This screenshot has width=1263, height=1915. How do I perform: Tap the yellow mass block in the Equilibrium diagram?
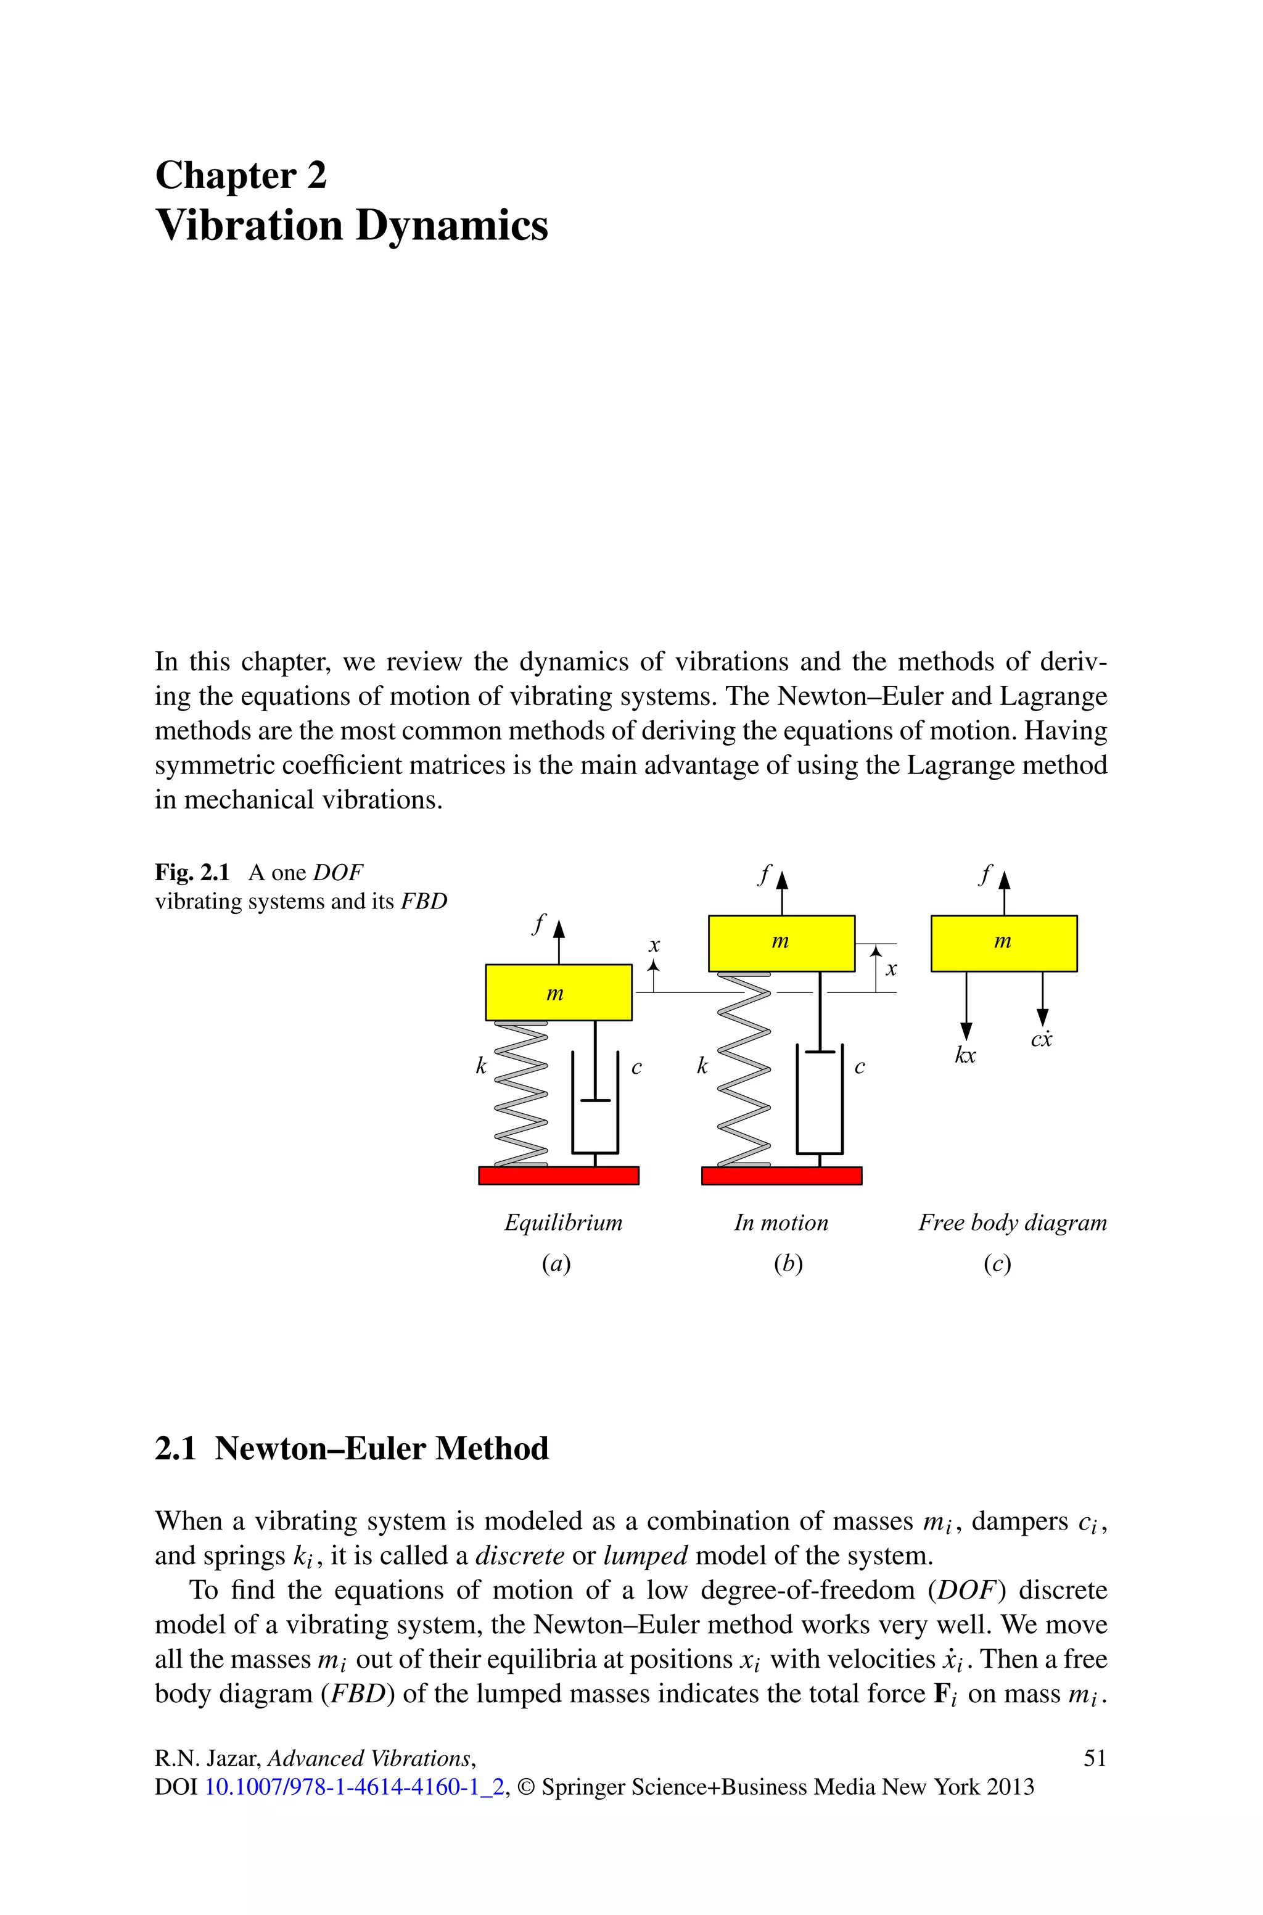(x=558, y=992)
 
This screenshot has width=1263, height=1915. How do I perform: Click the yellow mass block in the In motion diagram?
(x=781, y=943)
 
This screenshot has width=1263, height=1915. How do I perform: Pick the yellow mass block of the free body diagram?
(x=1003, y=943)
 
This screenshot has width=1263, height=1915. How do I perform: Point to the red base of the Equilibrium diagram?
(x=558, y=1176)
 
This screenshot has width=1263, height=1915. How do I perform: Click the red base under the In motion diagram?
(x=781, y=1176)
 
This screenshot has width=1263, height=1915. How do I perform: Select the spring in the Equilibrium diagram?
(x=520, y=1093)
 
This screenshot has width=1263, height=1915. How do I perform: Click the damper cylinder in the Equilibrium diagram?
(x=595, y=1103)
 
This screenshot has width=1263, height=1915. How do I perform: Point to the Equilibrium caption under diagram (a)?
(x=563, y=1222)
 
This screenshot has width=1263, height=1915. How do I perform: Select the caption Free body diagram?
(x=1013, y=1222)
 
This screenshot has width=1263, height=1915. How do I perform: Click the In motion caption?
(x=781, y=1222)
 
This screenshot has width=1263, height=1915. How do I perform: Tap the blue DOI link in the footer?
(x=355, y=1787)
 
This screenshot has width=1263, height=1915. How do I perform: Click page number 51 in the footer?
(x=1095, y=1758)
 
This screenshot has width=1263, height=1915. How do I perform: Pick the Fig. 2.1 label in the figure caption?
(x=192, y=872)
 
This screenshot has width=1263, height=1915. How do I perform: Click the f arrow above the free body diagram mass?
(x=1003, y=890)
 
